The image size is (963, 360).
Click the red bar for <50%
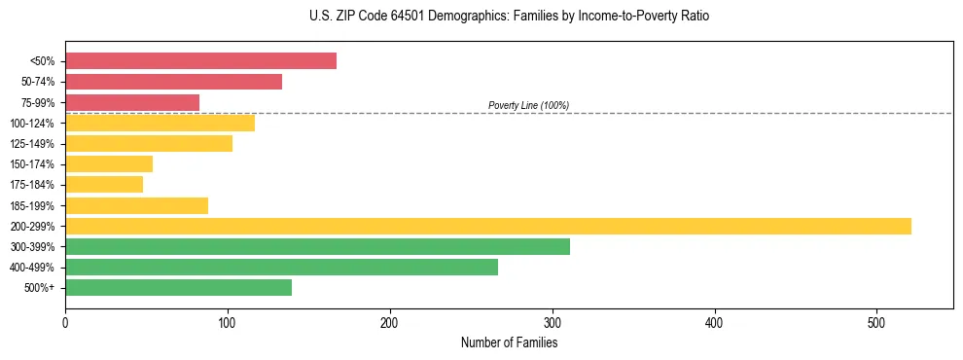(x=200, y=61)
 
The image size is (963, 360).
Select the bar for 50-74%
(x=173, y=82)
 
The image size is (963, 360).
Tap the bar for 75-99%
(x=132, y=102)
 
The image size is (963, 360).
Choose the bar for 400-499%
(x=281, y=268)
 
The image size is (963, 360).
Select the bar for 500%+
(x=178, y=288)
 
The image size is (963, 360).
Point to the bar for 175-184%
(x=104, y=185)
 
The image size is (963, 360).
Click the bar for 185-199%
(x=136, y=205)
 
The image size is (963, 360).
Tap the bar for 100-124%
(x=160, y=124)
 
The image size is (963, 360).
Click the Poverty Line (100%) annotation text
(x=528, y=105)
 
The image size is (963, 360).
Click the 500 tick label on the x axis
(x=877, y=322)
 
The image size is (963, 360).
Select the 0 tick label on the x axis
(x=65, y=322)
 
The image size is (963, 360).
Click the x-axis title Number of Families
(x=509, y=342)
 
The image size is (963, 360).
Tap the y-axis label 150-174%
(x=32, y=164)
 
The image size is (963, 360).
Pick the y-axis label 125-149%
(x=32, y=144)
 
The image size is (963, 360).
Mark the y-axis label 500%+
(x=39, y=288)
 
